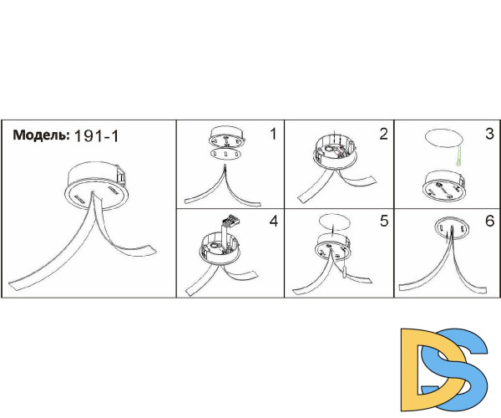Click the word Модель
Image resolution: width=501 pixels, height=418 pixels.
[x=41, y=135]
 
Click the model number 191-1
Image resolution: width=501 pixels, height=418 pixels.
[x=96, y=136]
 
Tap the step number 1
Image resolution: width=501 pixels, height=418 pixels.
[x=273, y=134]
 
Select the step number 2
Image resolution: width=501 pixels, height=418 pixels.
[x=384, y=134]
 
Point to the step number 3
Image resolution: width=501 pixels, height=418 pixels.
[x=489, y=134]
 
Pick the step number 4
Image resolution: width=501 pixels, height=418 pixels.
[x=274, y=221]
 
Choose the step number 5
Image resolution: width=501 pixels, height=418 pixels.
[x=384, y=221]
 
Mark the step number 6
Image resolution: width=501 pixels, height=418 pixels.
[x=489, y=221]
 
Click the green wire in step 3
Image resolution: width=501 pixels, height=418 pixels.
[x=459, y=156]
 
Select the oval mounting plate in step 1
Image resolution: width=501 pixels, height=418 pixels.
[x=225, y=154]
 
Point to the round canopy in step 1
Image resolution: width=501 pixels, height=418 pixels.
[x=225, y=136]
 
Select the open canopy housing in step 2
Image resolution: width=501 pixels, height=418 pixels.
[x=334, y=153]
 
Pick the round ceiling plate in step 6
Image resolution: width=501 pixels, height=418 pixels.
[x=452, y=228]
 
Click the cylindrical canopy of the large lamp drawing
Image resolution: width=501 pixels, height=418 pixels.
[x=97, y=186]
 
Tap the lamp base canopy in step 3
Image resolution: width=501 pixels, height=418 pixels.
[x=443, y=186]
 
